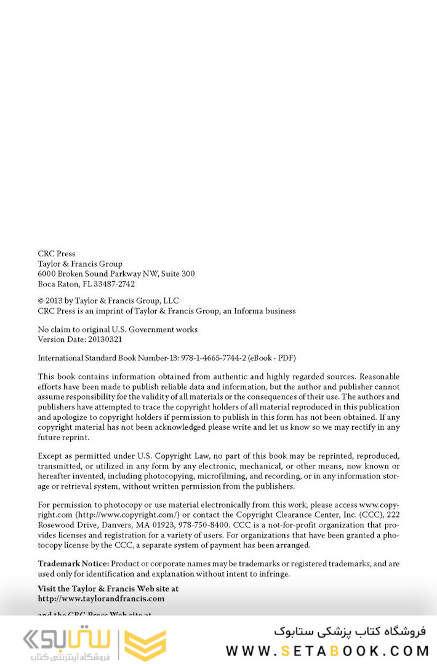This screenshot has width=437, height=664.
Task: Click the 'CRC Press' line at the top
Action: (57, 253)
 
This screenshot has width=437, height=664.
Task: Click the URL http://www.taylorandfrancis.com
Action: (101, 598)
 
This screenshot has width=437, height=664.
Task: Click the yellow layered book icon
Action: (145, 644)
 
